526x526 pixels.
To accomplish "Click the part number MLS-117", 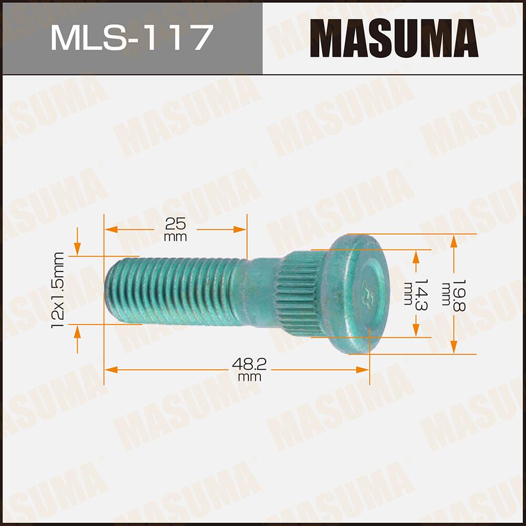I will [131, 38].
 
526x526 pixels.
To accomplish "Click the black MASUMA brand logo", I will [394, 38].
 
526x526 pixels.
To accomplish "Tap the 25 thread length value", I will [176, 224].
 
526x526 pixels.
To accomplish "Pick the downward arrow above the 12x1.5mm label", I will [78, 248].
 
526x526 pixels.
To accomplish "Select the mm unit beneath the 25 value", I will [176, 237].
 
